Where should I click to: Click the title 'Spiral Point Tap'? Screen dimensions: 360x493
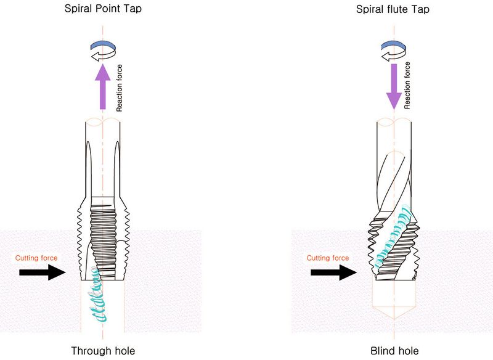pyautogui.click(x=103, y=9)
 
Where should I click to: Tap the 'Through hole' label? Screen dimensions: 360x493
pyautogui.click(x=103, y=351)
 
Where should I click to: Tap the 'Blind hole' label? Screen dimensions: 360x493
pyautogui.click(x=394, y=351)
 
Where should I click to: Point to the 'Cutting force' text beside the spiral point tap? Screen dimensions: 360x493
pyautogui.click(x=36, y=258)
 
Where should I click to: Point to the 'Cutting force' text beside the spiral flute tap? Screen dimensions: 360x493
pyautogui.click(x=328, y=258)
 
